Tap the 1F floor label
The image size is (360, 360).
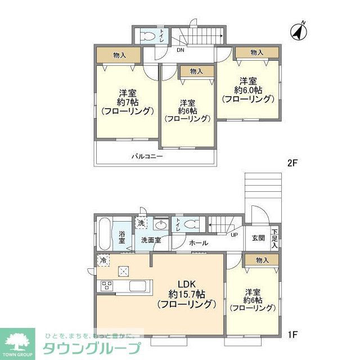(292, 335)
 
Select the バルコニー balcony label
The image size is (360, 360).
(147, 156)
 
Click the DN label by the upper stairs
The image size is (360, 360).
(180, 50)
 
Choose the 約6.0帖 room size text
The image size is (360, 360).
(247, 90)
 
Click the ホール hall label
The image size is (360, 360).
(199, 243)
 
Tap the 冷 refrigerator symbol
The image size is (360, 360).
(102, 260)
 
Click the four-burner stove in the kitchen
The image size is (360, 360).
(106, 286)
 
